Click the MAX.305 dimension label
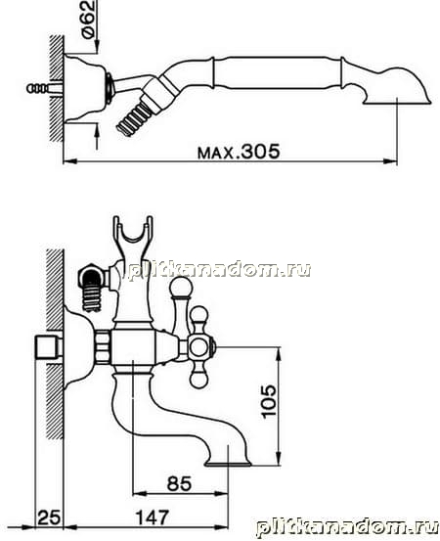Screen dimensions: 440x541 (239, 151)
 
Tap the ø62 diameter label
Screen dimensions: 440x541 (88, 20)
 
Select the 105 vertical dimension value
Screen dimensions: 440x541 (269, 401)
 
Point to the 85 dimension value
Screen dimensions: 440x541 (179, 483)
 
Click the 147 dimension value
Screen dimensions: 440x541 (153, 518)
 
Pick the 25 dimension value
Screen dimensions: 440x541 (49, 518)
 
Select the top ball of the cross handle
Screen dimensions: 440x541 (198, 314)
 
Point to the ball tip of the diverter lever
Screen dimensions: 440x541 (179, 288)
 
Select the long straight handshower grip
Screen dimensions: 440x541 (277, 73)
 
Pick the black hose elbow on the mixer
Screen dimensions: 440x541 (91, 279)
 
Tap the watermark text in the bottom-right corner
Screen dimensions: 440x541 (347, 528)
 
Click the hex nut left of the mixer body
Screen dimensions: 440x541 (103, 346)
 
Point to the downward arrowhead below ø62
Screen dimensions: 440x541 (97, 47)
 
